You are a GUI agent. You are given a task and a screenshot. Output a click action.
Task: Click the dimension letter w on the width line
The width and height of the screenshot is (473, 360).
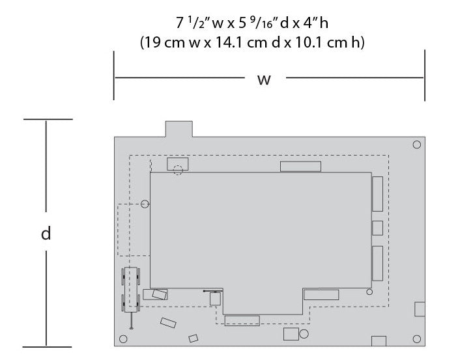264,79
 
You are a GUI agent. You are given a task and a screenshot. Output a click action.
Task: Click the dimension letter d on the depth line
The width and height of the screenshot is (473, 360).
46,233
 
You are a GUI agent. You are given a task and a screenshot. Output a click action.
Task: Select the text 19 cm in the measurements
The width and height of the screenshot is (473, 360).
165,42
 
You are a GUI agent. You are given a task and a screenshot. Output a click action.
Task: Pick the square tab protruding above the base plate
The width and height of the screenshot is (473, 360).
179,129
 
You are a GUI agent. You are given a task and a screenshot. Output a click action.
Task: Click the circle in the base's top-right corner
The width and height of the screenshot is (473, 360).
416,145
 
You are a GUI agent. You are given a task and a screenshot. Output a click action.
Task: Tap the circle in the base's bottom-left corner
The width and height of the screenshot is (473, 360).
123,339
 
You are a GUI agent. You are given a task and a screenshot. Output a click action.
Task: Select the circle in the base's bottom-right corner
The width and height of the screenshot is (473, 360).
416,339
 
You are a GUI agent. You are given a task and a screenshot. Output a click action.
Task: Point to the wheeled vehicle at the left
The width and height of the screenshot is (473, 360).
130,290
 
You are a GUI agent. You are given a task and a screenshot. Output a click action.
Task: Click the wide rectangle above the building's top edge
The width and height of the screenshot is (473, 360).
300,167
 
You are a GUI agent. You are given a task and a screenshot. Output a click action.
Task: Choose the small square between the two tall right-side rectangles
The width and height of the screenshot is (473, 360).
377,228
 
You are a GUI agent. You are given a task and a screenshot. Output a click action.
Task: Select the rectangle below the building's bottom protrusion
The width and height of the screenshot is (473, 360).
242,320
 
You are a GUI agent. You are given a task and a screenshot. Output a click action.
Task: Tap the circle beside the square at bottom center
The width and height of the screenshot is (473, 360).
304,334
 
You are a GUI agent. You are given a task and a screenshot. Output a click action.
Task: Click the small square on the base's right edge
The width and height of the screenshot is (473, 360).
420,309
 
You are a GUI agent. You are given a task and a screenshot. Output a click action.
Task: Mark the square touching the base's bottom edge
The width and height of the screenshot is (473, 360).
379,341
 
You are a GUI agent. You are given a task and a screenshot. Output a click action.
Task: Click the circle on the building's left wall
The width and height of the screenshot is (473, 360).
145,204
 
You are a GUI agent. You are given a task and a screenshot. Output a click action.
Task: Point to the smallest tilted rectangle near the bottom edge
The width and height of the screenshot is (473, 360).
193,339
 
